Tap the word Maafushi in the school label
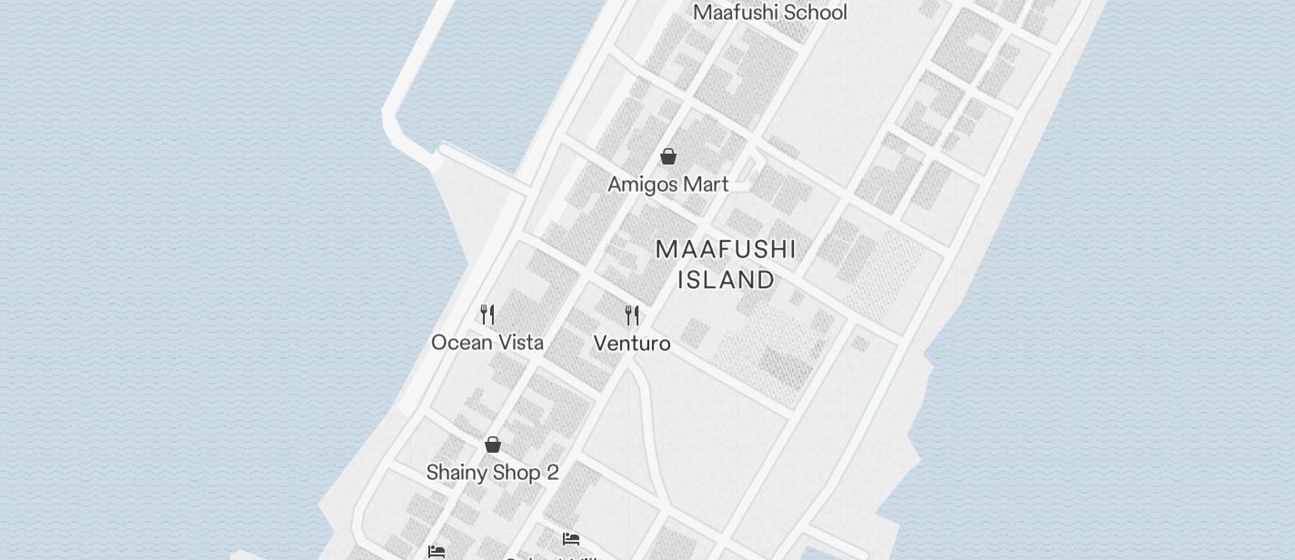point(732,13)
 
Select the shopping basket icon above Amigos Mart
point(668,156)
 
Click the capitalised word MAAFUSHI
point(726,250)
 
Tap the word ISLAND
point(726,279)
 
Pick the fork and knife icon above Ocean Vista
point(487,315)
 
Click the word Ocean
point(459,343)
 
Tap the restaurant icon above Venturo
point(632,315)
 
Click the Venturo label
point(632,344)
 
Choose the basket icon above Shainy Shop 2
point(493,445)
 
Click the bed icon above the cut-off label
point(571,539)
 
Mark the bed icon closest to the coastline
point(437,552)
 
